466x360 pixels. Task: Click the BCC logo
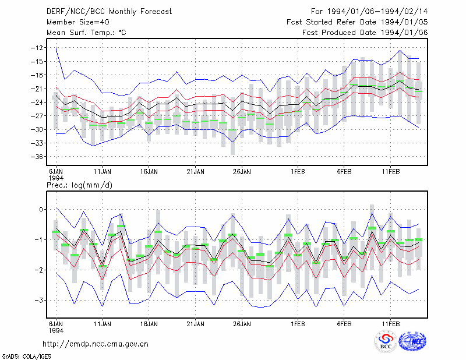coord(386,341)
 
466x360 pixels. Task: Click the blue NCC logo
coord(412,341)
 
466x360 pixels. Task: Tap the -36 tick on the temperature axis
coord(37,157)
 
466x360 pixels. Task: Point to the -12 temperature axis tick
coord(37,48)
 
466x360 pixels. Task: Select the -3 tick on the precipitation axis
coord(38,300)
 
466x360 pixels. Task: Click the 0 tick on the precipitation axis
coord(41,210)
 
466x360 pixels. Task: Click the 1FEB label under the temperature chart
coord(298,172)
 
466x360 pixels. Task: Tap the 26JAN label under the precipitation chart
coord(242,324)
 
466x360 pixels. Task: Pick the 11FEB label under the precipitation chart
coord(391,324)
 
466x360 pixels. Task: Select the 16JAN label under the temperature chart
coord(149,172)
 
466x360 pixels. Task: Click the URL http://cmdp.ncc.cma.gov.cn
coord(96,344)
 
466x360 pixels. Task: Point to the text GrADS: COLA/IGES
coord(26,357)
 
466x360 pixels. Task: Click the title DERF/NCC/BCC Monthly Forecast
coord(109,12)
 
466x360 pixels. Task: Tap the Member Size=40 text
coord(78,22)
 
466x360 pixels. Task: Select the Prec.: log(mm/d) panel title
coord(79,185)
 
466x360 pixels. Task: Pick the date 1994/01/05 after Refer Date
coord(404,22)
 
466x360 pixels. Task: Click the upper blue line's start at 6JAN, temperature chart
coord(56,48)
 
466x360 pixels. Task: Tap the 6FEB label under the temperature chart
coord(344,172)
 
